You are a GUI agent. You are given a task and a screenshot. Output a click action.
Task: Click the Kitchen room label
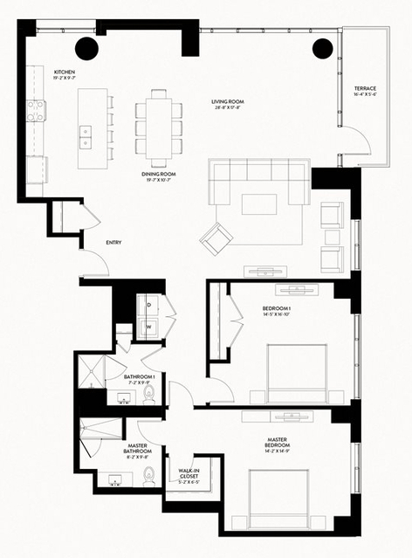coord(65,73)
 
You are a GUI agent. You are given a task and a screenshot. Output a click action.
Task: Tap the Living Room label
coord(227,103)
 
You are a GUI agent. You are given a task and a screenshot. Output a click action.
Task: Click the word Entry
coord(113,243)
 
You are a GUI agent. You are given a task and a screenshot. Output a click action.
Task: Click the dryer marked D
coord(149,306)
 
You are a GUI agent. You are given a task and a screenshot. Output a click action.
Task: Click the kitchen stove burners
coord(36,111)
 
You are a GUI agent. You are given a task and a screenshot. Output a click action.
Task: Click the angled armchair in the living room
coord(216,238)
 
